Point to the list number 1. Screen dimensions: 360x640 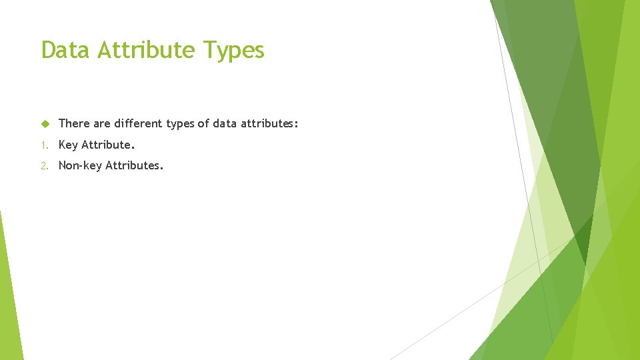click(43, 145)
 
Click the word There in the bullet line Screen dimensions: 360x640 click(73, 124)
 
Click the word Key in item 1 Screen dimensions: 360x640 click(68, 145)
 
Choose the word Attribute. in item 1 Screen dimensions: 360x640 click(108, 145)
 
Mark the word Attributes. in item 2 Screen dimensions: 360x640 click(134, 165)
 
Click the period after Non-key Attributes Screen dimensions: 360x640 click(161, 168)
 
